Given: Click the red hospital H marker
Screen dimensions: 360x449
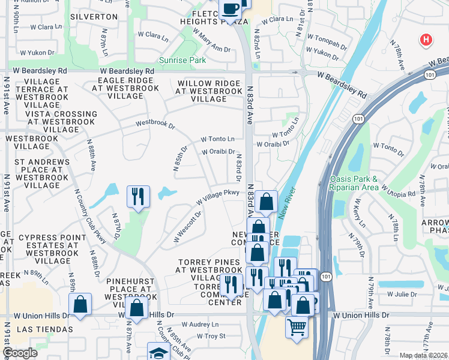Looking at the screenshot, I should [426, 40].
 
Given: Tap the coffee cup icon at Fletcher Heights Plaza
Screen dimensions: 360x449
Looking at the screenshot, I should [231, 9].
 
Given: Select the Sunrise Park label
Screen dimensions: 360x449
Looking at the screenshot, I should [182, 60].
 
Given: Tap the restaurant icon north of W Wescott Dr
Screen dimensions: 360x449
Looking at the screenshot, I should [138, 196].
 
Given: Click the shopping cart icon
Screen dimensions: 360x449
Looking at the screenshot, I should [297, 328].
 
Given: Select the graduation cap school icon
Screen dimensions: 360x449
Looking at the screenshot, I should [159, 352].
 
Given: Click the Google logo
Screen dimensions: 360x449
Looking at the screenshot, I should [20, 353].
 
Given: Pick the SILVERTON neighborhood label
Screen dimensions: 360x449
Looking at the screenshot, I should [94, 16].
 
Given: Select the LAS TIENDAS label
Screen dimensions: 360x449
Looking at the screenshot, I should [44, 329].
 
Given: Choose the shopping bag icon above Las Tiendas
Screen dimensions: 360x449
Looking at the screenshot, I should [80, 304].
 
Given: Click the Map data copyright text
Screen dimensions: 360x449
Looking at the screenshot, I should [424, 355].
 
